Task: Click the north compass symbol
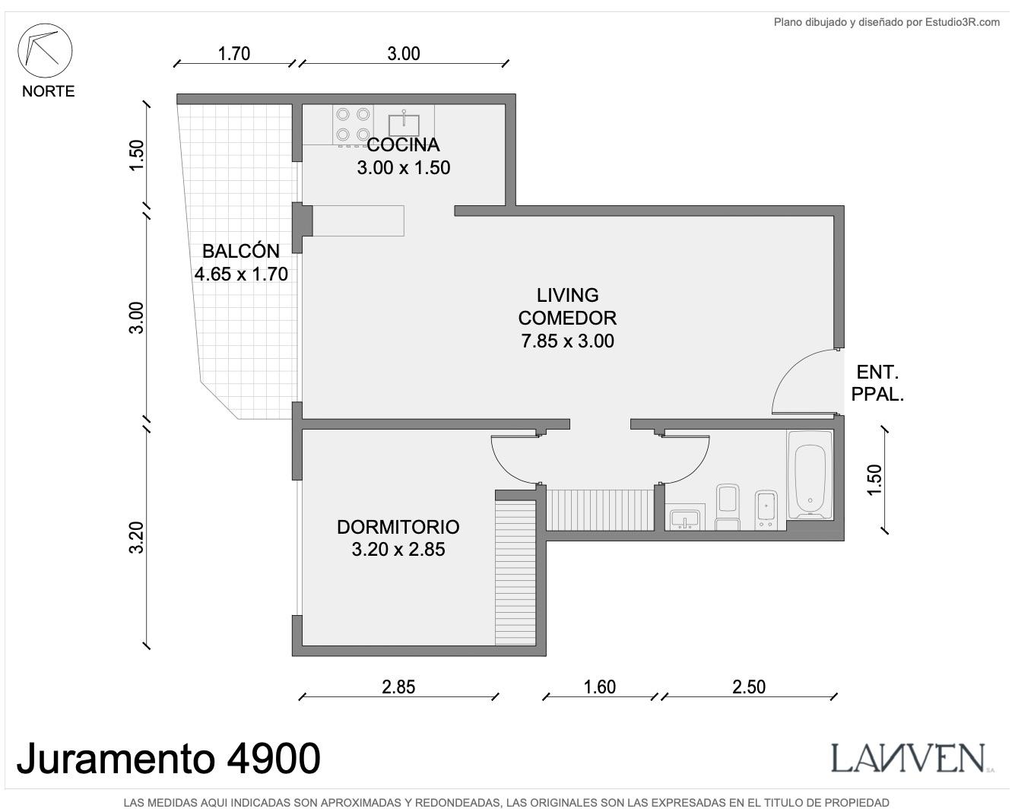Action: coord(45,50)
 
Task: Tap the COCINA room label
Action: coord(403,145)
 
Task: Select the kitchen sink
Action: coord(404,124)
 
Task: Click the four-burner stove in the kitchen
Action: coord(353,125)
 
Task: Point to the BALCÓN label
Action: coord(241,251)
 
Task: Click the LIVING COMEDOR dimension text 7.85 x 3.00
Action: coord(567,341)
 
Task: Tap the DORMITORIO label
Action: coord(398,527)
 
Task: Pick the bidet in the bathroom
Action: coord(766,510)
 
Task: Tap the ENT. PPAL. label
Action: coord(877,384)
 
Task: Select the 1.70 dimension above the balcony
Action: coord(234,54)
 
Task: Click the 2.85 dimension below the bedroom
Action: coord(398,687)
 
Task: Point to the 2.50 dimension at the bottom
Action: coord(749,687)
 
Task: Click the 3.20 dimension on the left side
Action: coord(136,537)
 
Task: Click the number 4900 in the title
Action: coord(274,758)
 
